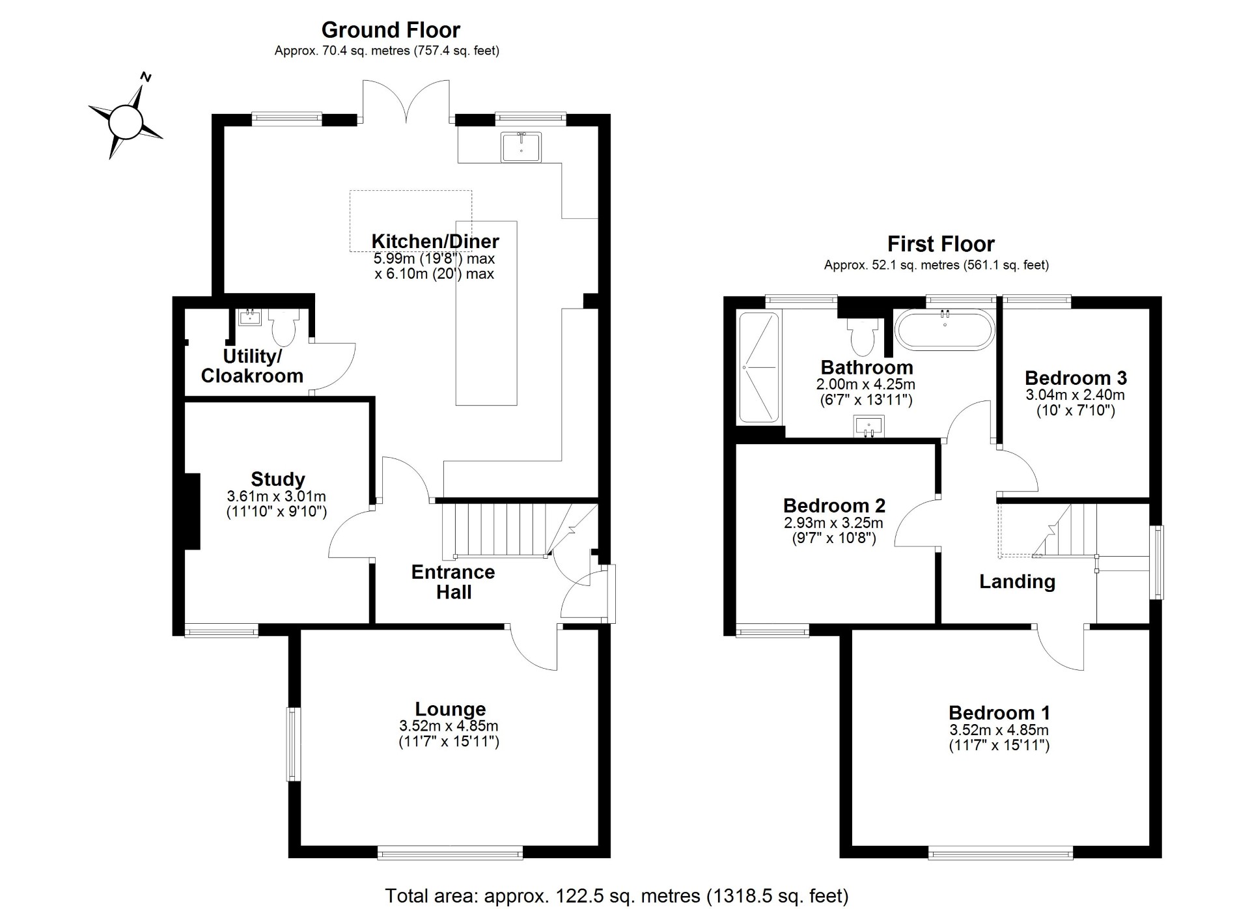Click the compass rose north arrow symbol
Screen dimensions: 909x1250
point(126,120)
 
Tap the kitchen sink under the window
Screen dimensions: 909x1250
point(521,147)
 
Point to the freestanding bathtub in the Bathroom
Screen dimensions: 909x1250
point(945,331)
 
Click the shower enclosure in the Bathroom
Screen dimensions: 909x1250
point(759,368)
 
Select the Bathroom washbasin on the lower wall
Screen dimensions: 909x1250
point(868,427)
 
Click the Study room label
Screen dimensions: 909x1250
point(278,479)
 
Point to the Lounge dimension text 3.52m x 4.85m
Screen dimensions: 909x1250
point(449,726)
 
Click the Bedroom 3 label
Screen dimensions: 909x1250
point(1076,378)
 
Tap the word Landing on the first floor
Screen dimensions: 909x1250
point(1017,581)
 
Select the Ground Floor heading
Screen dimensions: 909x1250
point(391,30)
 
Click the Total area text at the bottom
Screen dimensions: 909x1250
point(617,896)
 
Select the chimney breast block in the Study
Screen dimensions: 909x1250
point(192,512)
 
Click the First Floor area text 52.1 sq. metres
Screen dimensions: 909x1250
point(936,266)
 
